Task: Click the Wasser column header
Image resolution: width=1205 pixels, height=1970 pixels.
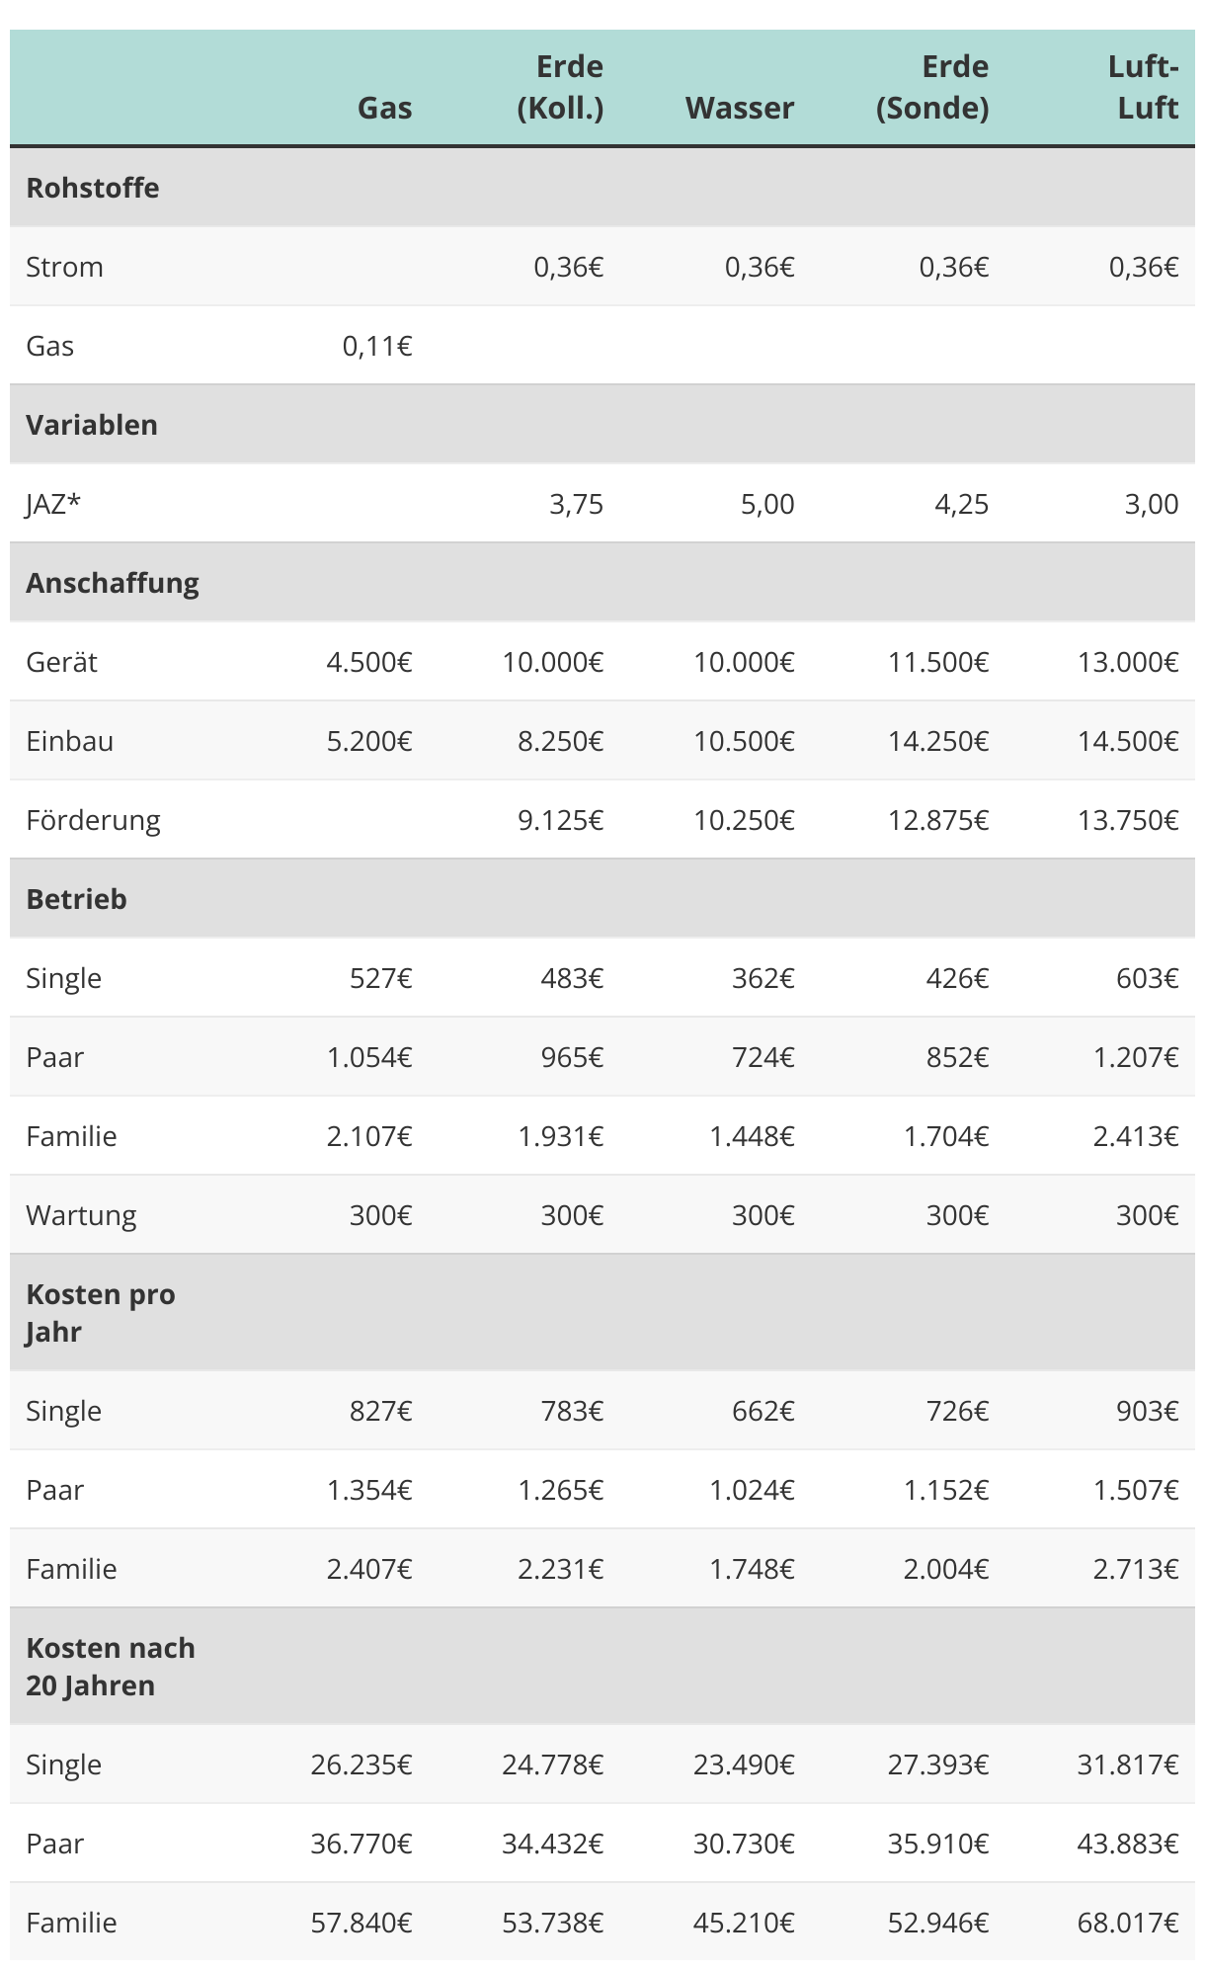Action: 740,108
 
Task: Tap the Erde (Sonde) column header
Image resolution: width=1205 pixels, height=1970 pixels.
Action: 932,87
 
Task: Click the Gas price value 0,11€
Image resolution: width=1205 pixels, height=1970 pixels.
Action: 377,346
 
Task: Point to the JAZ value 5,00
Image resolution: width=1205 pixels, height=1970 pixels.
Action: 766,504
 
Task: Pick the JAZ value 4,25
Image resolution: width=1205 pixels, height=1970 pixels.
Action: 961,504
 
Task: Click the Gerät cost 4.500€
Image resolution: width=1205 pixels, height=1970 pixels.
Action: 369,662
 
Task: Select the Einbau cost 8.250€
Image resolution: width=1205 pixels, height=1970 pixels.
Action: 560,741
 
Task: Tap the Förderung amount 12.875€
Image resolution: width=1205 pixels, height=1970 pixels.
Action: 938,820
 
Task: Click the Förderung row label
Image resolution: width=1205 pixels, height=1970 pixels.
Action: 93,820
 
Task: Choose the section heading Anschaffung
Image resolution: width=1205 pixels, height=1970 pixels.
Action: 113,583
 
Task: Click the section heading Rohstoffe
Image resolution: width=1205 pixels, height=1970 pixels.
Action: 93,188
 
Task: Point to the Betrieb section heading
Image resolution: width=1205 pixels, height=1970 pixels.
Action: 76,899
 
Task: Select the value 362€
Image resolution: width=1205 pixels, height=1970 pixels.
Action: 763,978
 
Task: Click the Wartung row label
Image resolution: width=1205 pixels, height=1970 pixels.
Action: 81,1215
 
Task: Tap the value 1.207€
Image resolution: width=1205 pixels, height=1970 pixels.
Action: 1136,1057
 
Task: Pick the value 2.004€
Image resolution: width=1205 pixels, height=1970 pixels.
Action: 945,1569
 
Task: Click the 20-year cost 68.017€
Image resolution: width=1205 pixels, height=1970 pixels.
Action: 1128,1923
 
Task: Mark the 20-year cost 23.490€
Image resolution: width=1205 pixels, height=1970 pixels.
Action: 744,1765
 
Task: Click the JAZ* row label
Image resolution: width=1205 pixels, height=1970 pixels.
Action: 53,504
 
